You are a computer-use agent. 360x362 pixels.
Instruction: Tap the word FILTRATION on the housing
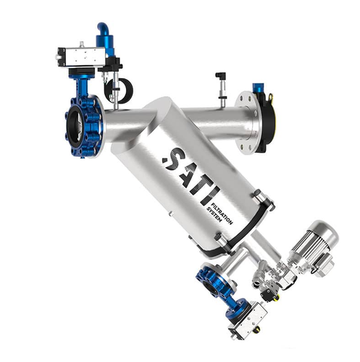222,214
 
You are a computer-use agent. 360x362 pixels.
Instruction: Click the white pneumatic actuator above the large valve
81,56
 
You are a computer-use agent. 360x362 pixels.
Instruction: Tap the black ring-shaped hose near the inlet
119,89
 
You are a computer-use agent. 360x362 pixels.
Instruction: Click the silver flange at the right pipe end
247,122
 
